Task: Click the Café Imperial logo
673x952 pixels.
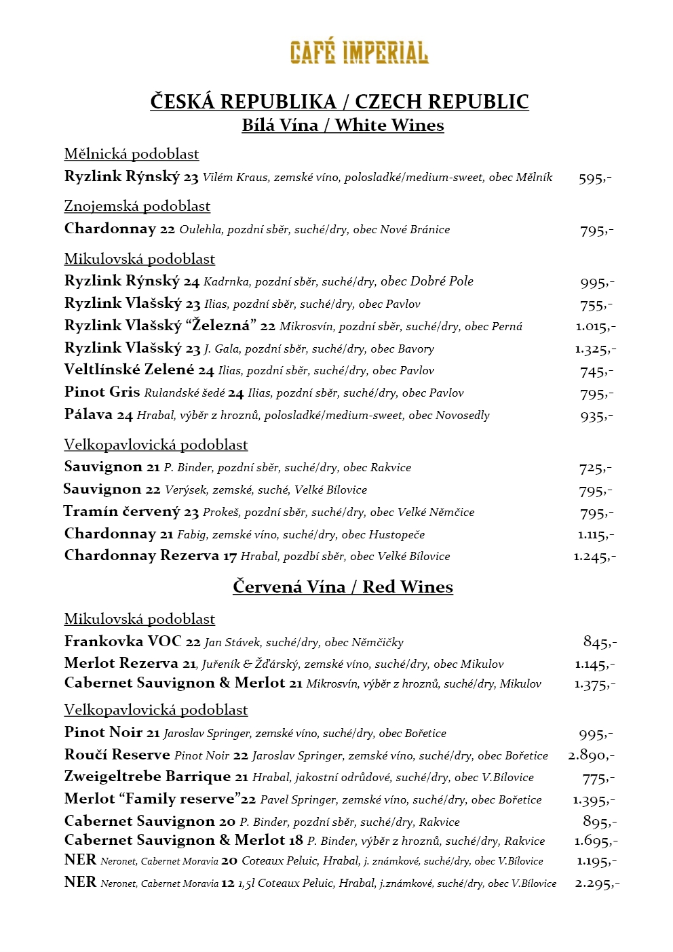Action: tap(359, 52)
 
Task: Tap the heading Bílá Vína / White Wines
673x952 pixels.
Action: tap(343, 125)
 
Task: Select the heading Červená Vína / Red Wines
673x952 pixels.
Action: tap(343, 587)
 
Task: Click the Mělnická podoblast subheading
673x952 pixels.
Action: tap(131, 154)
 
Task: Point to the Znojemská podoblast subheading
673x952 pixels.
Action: tap(137, 206)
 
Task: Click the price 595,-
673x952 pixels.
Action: tap(595, 178)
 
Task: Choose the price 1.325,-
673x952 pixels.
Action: tap(595, 349)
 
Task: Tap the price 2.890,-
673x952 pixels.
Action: tap(592, 755)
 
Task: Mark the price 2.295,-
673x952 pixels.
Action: tap(597, 883)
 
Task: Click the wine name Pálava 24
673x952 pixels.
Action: tap(98, 415)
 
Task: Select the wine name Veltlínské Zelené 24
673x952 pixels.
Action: tap(139, 370)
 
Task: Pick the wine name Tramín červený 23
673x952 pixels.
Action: tap(131, 512)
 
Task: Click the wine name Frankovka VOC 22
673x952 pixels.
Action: tap(132, 641)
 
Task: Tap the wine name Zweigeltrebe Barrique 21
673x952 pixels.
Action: tap(156, 777)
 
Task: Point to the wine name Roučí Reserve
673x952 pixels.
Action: tap(117, 755)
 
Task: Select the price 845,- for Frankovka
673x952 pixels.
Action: tap(600, 641)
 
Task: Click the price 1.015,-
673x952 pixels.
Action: tap(596, 327)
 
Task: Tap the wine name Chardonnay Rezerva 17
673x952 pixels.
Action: tap(150, 556)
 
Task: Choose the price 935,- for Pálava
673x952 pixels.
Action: tap(596, 416)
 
